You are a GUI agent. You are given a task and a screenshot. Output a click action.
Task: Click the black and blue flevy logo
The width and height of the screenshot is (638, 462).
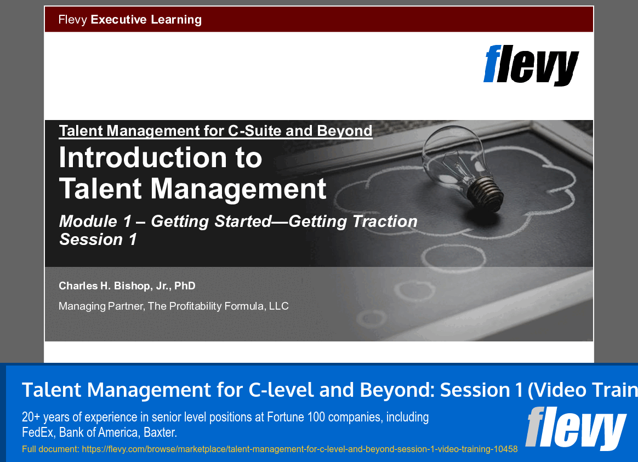(531, 65)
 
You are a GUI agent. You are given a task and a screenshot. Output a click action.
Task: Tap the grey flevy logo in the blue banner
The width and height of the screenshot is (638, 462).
(576, 428)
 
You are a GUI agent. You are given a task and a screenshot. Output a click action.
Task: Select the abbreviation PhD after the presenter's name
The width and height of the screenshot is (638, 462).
(185, 286)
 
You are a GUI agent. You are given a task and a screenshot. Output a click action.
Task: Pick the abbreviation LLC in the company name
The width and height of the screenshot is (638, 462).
(278, 306)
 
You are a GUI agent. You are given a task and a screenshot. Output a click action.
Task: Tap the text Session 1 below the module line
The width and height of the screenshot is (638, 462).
(98, 239)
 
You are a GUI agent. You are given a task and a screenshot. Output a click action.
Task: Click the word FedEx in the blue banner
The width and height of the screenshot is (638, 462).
(38, 432)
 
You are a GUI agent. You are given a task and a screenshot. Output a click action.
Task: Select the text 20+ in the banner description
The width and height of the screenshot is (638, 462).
(31, 417)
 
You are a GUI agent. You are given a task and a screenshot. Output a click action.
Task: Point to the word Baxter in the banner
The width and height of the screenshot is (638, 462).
(160, 432)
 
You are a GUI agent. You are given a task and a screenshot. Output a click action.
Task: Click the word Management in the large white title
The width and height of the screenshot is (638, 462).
(238, 189)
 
